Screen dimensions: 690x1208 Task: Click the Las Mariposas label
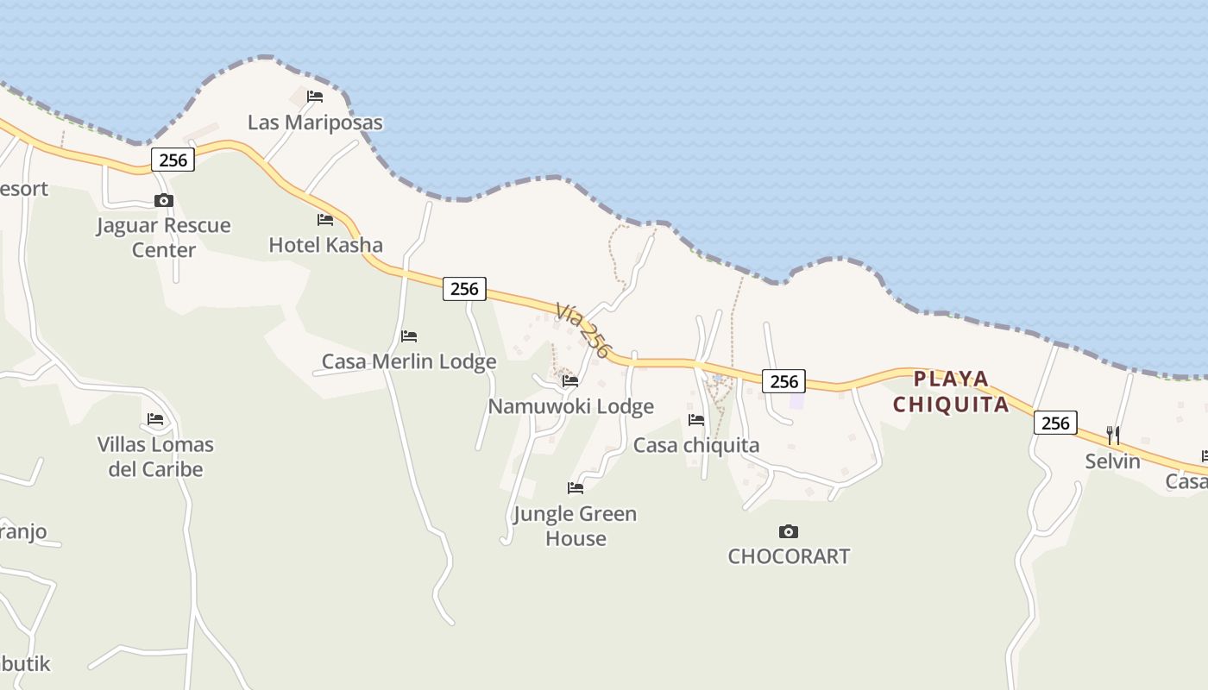[315, 122]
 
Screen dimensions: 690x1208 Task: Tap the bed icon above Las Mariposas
[315, 96]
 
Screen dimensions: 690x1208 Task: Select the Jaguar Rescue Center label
[163, 237]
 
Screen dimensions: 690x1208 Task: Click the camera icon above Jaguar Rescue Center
[163, 201]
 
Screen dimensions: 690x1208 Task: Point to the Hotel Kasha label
[325, 245]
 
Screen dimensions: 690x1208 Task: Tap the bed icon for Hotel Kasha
[325, 220]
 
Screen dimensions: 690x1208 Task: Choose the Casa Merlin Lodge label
[409, 361]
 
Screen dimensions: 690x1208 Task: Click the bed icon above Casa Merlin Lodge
[409, 336]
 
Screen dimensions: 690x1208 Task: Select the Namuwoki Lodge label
[570, 406]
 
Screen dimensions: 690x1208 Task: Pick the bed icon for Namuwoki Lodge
[570, 380]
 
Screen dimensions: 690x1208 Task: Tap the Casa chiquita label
[696, 445]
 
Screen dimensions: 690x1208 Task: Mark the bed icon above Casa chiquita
[696, 420]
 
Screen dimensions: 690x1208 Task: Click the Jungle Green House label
[575, 526]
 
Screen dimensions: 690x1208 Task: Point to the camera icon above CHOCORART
[788, 531]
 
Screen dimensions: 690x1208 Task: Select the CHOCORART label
[789, 556]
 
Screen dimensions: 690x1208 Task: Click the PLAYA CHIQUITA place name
[951, 392]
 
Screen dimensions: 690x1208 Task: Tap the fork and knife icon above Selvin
[1113, 435]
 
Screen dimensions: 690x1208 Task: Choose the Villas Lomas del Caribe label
[155, 457]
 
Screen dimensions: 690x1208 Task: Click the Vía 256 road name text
[583, 330]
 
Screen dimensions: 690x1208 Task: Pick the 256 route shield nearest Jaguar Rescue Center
[173, 160]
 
